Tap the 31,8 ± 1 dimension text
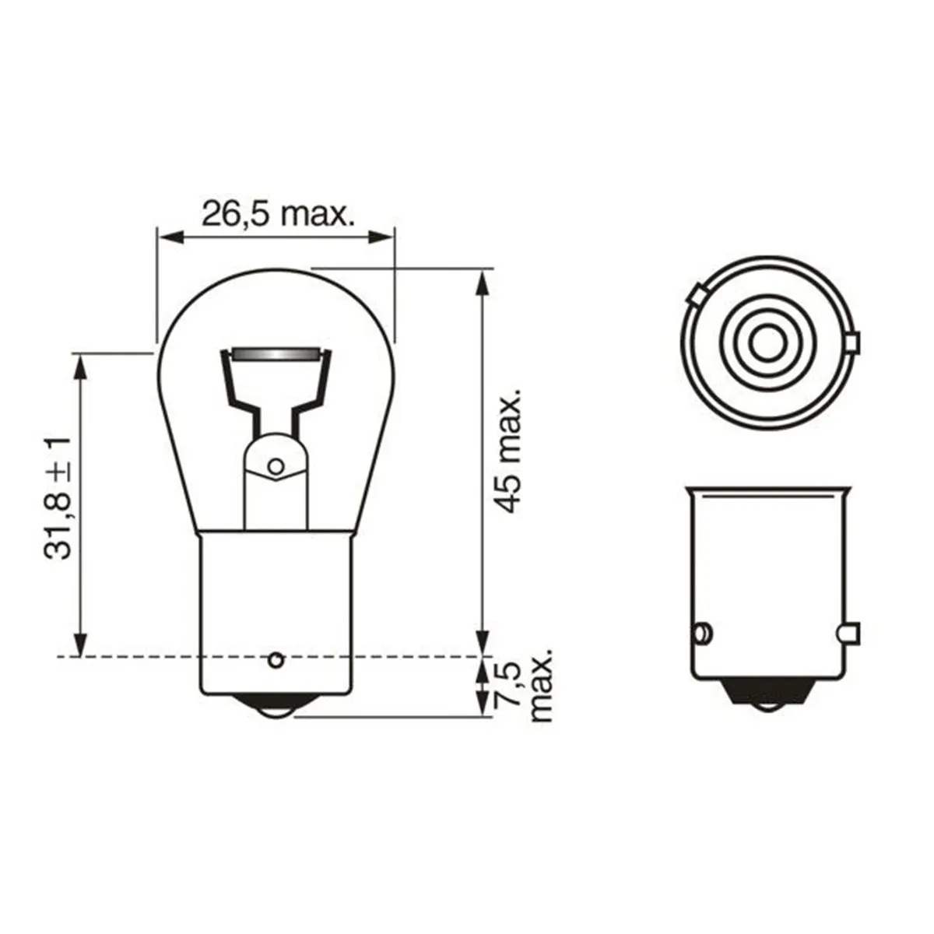click(x=58, y=497)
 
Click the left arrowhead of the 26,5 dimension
click(x=167, y=236)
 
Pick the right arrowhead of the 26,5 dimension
click(x=384, y=236)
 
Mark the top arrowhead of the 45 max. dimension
click(x=483, y=281)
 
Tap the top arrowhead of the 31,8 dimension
click(x=79, y=364)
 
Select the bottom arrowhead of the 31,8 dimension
click(x=79, y=646)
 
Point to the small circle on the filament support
click(x=274, y=467)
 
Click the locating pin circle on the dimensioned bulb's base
click(x=274, y=661)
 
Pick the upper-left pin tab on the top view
click(x=697, y=296)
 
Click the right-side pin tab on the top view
click(x=853, y=342)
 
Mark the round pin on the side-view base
click(x=701, y=632)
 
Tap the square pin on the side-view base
click(x=850, y=634)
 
